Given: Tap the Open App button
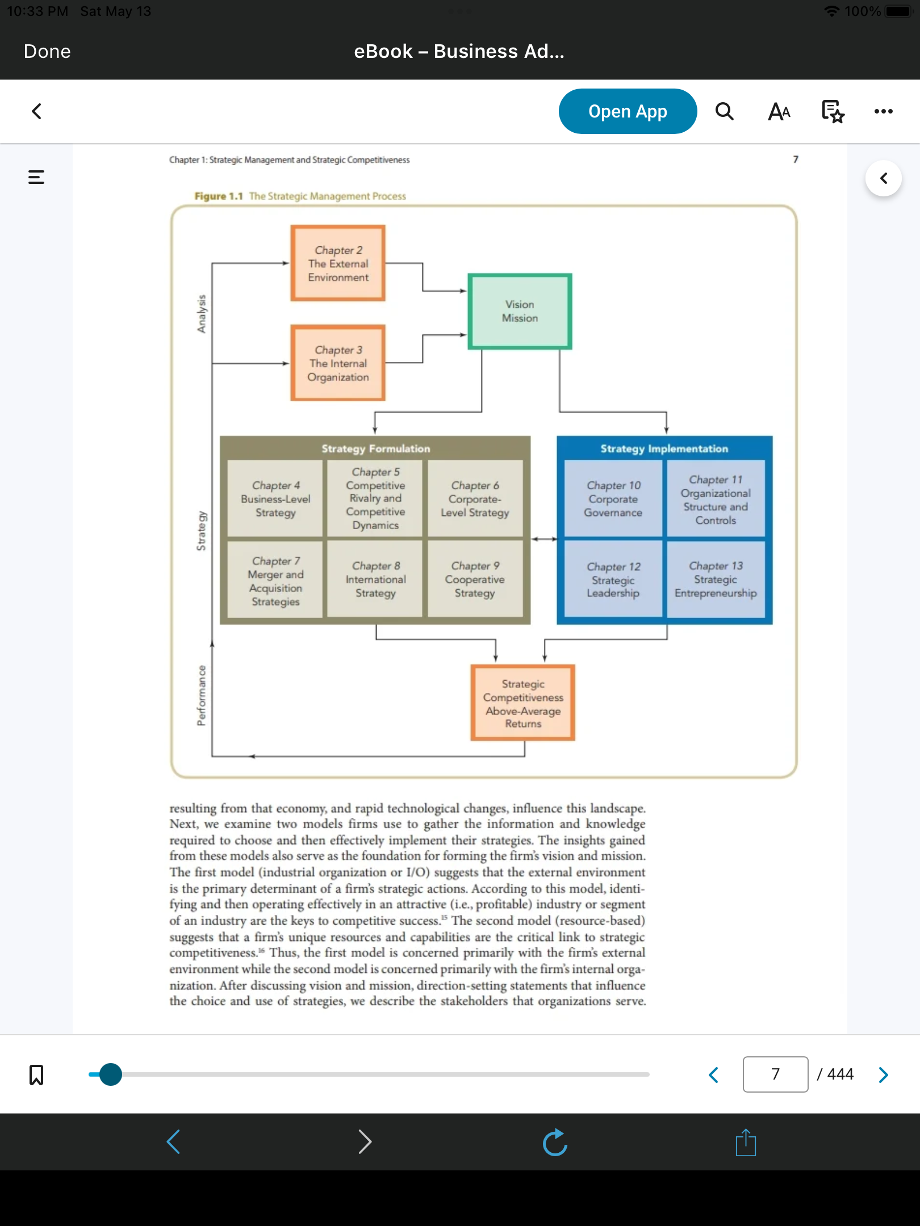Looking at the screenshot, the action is tap(628, 111).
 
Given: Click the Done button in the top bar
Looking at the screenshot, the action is tap(47, 52).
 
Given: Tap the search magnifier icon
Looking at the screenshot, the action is tap(724, 111).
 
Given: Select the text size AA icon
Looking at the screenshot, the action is tap(779, 112).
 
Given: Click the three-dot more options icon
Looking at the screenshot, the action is tap(883, 111).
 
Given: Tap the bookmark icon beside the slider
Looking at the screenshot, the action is tap(36, 1074).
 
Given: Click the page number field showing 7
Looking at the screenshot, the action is tap(775, 1074).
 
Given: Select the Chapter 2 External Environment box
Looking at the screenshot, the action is tap(338, 263).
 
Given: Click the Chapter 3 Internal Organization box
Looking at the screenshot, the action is tap(338, 363).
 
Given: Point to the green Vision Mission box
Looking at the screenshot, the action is tap(520, 312).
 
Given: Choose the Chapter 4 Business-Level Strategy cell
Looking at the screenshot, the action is tap(275, 498).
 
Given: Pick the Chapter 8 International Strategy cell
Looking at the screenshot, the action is tap(375, 579).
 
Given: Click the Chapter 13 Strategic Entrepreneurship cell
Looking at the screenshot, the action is tap(716, 579).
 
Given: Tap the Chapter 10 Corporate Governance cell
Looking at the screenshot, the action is tap(613, 498).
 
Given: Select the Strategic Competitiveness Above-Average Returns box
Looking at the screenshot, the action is tap(523, 703).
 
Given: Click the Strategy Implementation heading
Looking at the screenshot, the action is tap(664, 448).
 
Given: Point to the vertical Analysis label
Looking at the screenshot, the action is tap(202, 314).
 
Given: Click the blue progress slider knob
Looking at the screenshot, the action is tap(110, 1074).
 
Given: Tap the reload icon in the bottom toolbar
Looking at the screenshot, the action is tap(555, 1142).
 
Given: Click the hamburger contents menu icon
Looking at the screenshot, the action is tap(36, 177).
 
